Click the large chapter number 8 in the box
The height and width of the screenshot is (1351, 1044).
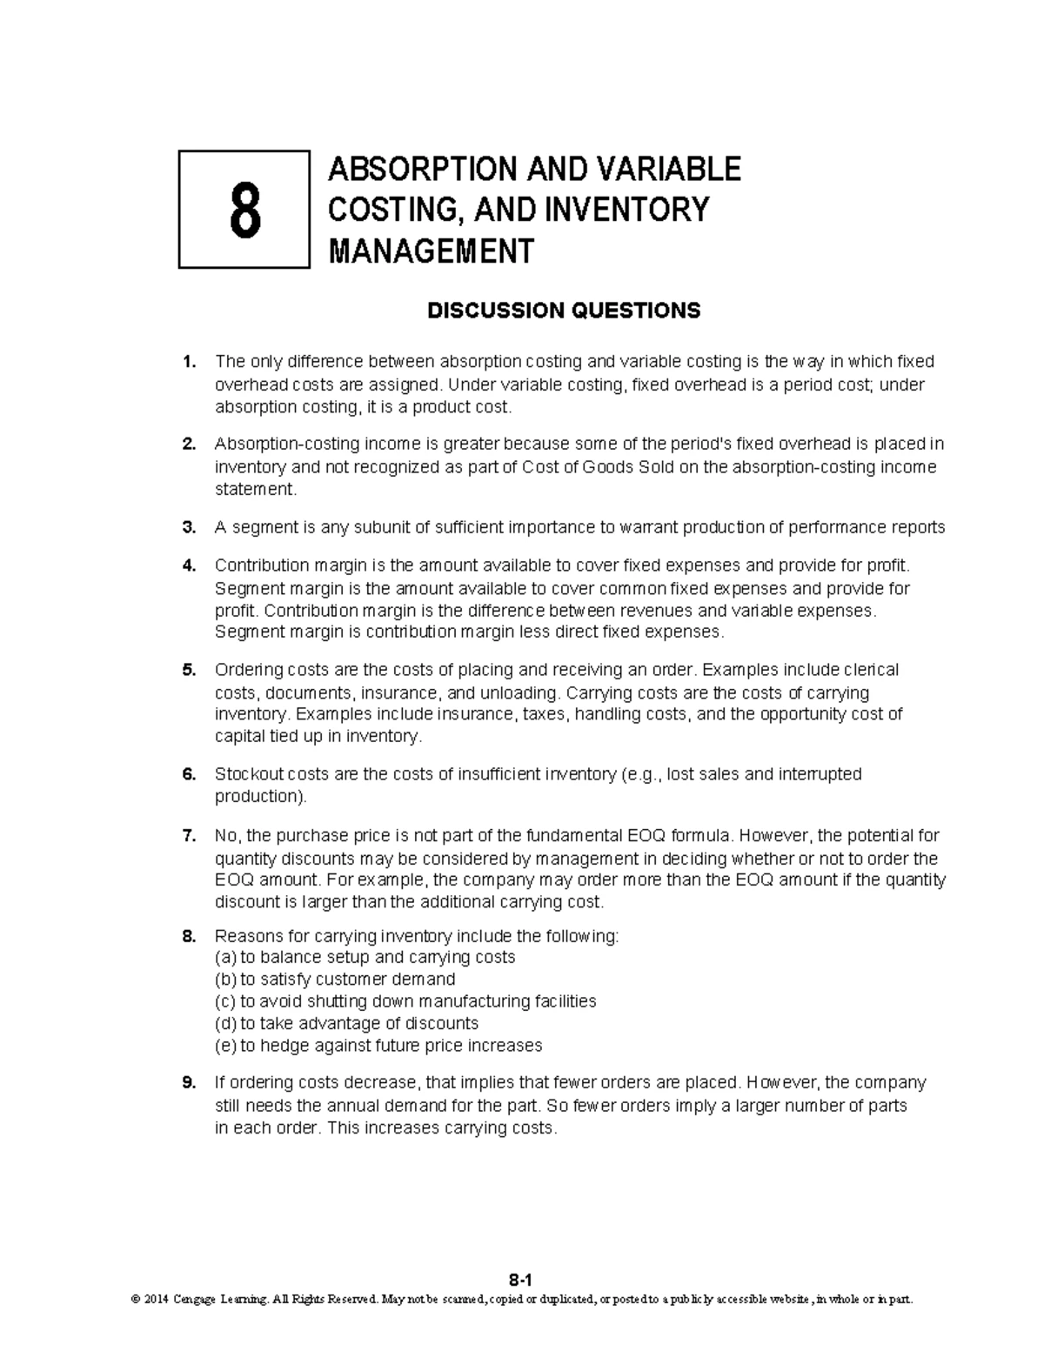[244, 211]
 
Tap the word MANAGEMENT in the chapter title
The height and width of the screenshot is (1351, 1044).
[430, 251]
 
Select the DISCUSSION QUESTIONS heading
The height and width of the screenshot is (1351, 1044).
[563, 311]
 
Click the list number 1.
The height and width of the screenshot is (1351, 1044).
[189, 362]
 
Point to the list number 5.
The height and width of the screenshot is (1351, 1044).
[189, 671]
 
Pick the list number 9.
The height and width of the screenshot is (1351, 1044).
[189, 1083]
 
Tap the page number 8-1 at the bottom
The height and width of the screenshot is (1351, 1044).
[520, 1280]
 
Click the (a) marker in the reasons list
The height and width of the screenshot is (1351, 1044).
[225, 958]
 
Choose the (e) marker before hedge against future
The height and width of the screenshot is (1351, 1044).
[225, 1046]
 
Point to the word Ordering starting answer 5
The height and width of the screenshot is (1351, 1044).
[246, 671]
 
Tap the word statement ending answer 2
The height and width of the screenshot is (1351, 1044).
[255, 490]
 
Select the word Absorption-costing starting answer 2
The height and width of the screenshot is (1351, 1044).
[280, 445]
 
